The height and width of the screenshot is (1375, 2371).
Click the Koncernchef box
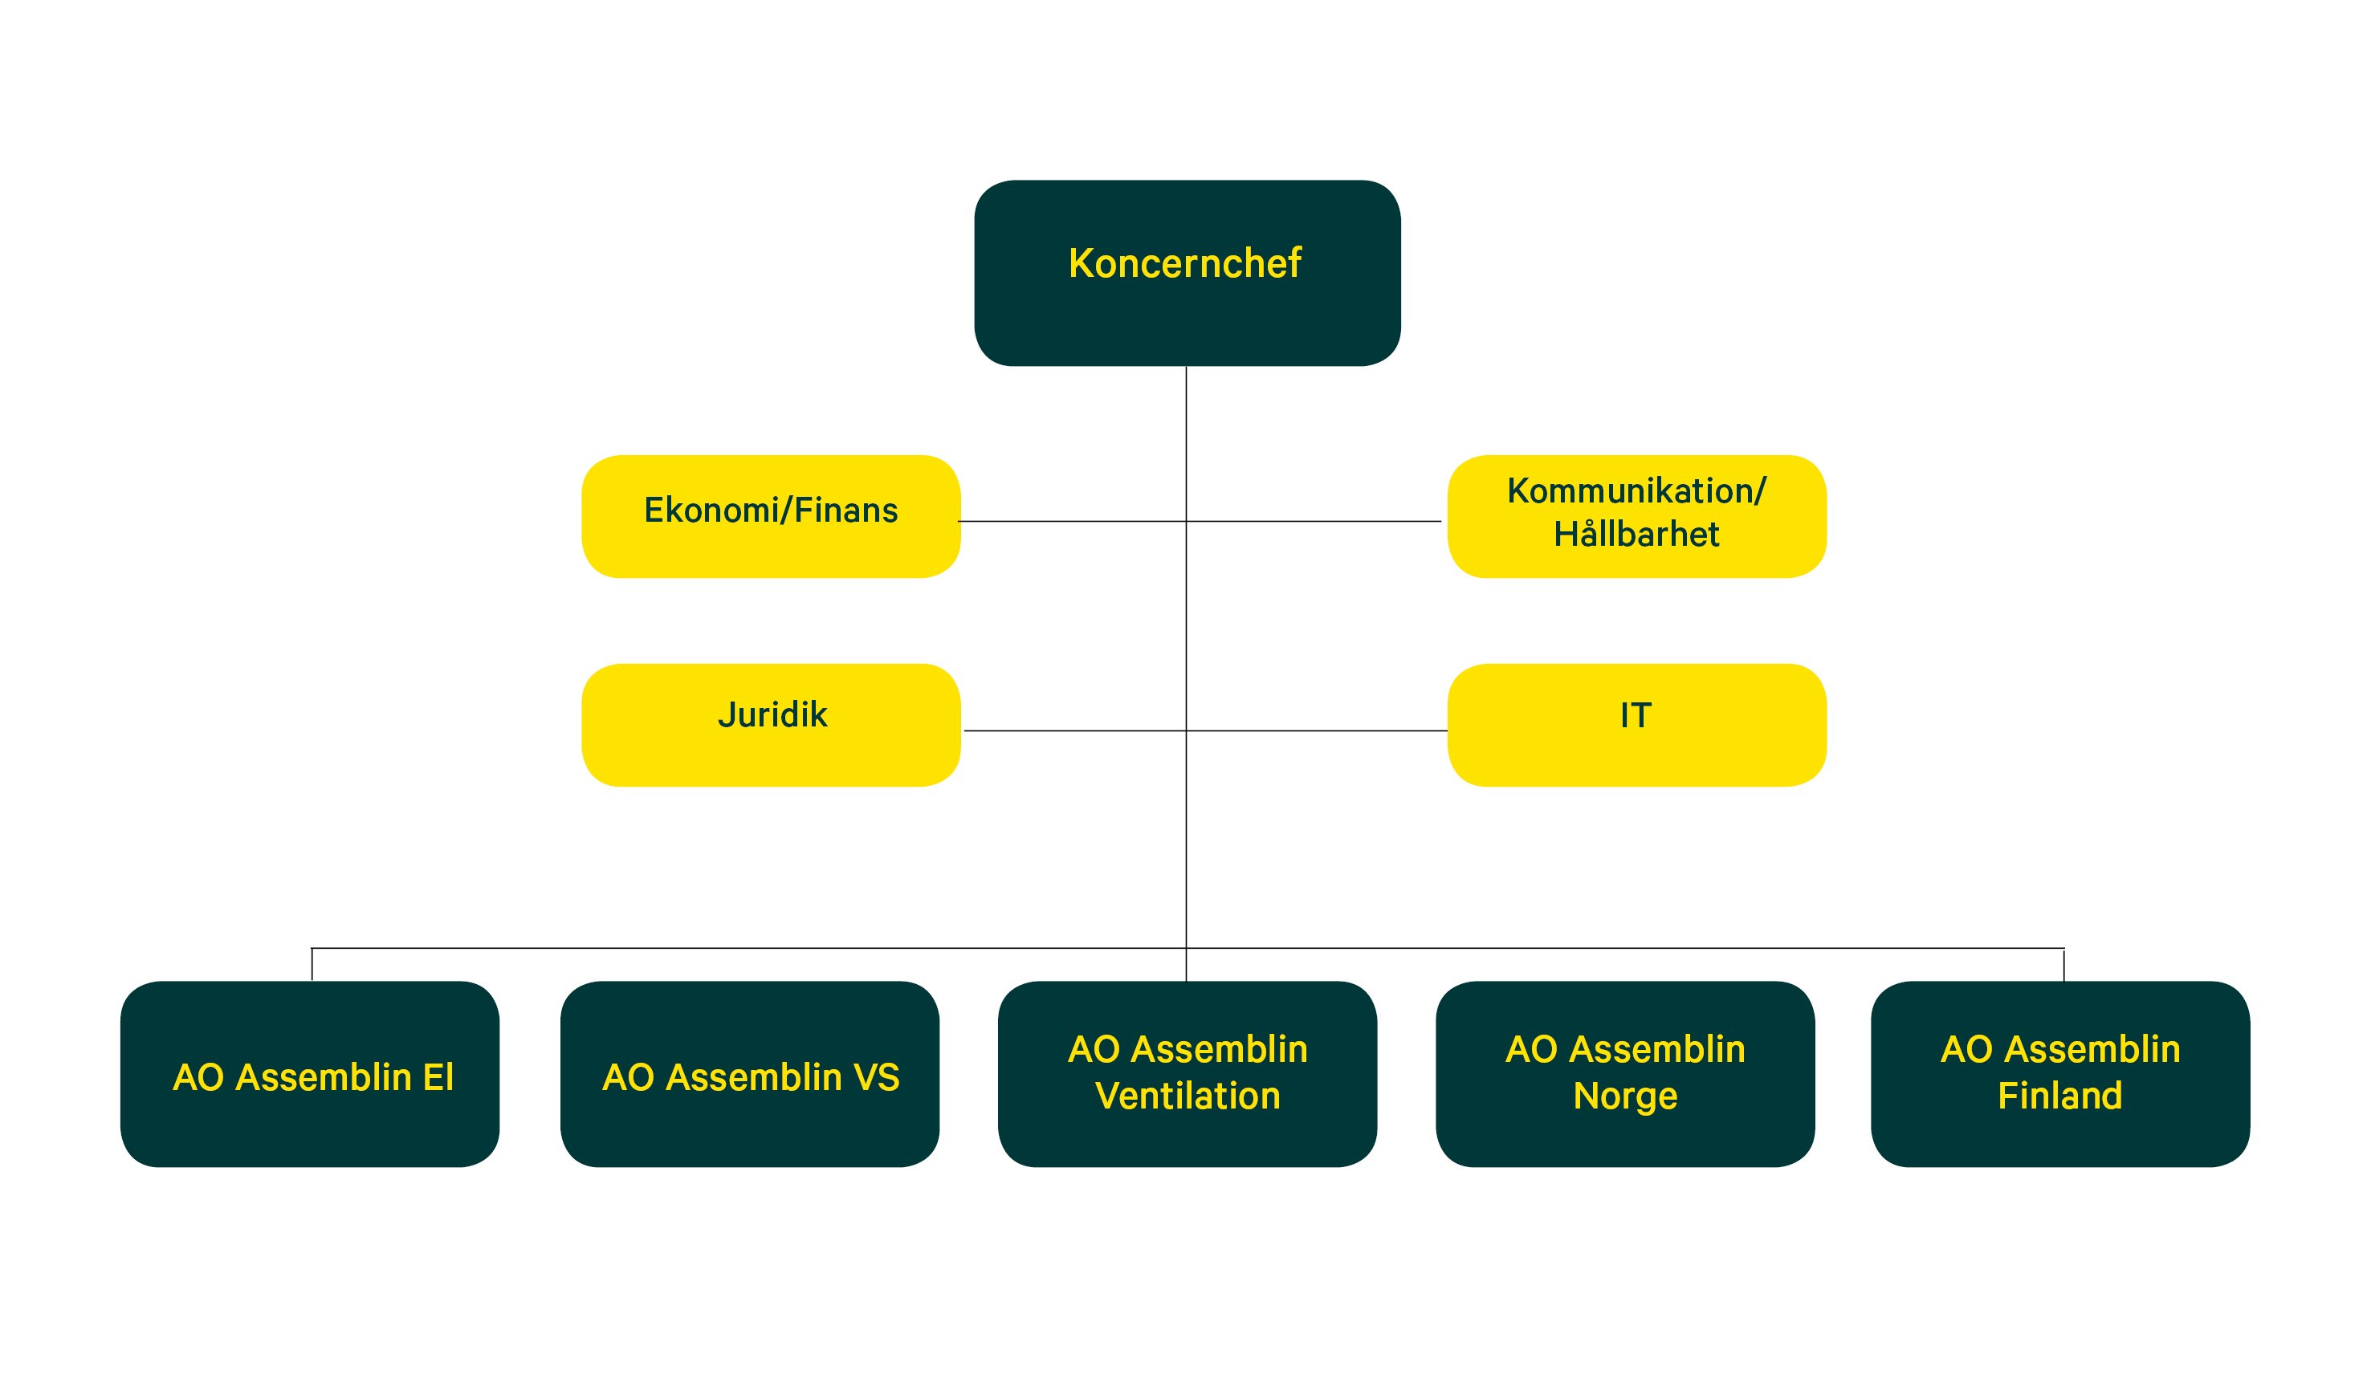coord(1188,273)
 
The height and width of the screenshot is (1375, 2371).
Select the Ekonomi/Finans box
coord(771,516)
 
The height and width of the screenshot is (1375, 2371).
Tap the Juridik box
coord(771,725)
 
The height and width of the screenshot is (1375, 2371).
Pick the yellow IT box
coord(1637,725)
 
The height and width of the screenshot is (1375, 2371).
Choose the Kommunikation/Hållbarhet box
coord(1637,516)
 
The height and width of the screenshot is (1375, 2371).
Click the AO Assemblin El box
coord(310,1074)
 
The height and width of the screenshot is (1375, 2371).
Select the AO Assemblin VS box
coord(750,1074)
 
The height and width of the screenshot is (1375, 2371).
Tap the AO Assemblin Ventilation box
coord(1188,1074)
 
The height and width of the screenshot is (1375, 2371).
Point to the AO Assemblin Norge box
coord(1626,1074)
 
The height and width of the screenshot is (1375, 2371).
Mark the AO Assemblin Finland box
coord(2060,1074)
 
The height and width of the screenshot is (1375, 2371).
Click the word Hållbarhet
coord(1636,535)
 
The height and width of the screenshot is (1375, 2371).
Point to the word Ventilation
coord(1188,1096)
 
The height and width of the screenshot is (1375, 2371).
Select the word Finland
coord(2059,1096)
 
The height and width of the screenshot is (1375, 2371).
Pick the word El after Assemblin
coord(438,1078)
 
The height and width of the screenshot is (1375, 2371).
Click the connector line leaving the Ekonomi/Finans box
coord(1072,521)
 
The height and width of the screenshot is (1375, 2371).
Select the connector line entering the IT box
coord(1318,730)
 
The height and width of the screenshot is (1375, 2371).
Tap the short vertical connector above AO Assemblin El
coord(312,964)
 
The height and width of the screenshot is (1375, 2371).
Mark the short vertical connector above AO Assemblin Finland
coord(2063,964)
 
